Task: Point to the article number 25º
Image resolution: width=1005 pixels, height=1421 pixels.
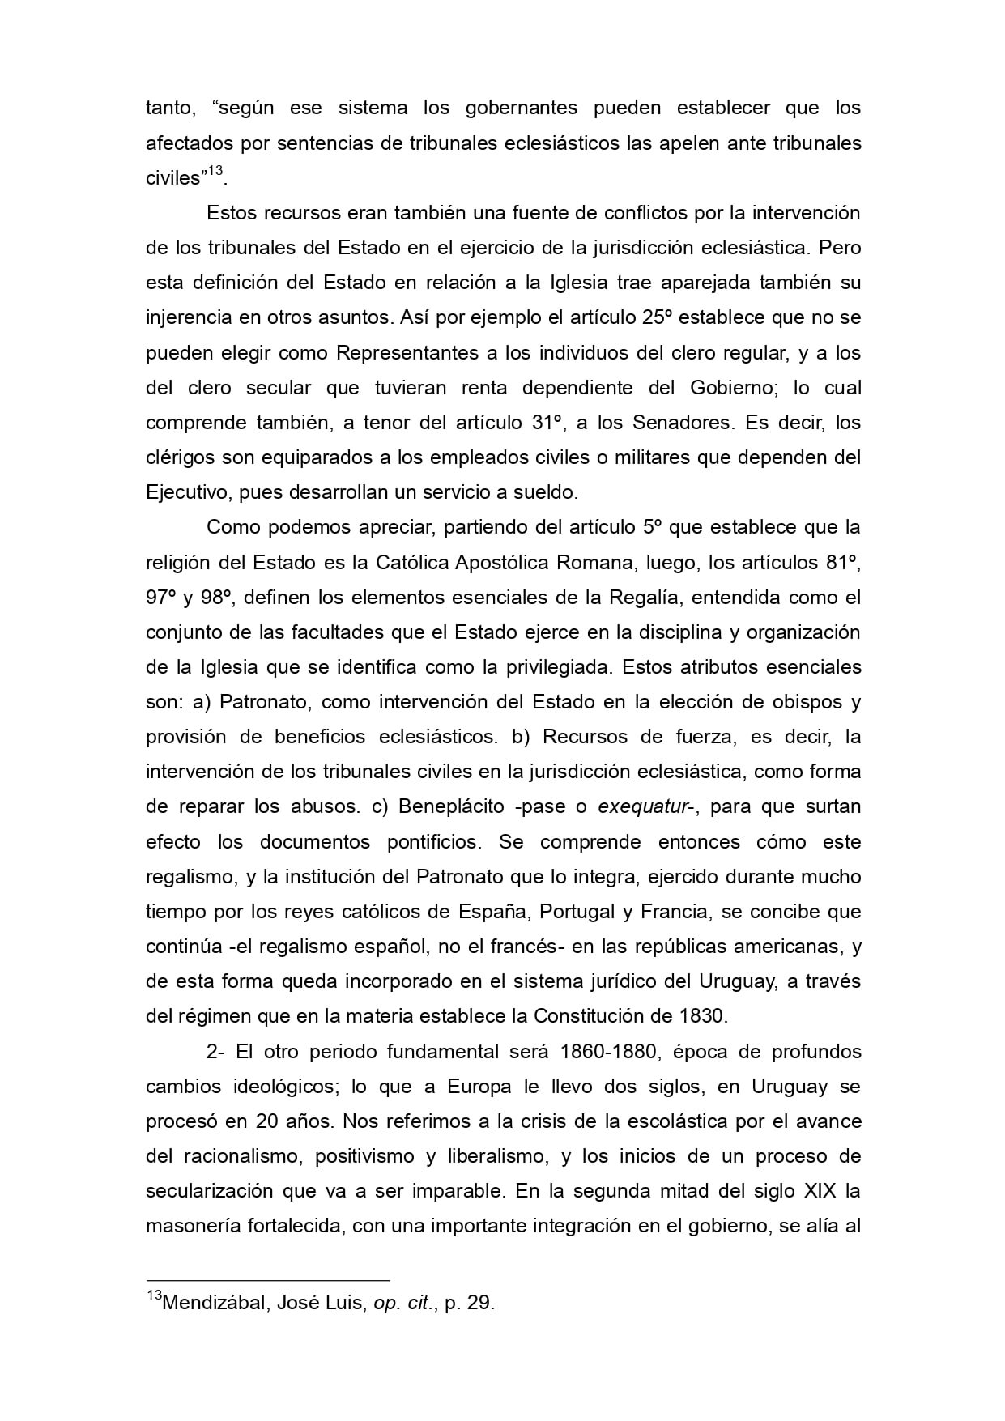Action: tap(658, 318)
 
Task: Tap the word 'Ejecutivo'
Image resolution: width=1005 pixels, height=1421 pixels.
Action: tap(185, 493)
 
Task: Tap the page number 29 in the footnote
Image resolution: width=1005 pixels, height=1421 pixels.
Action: tap(478, 1304)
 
